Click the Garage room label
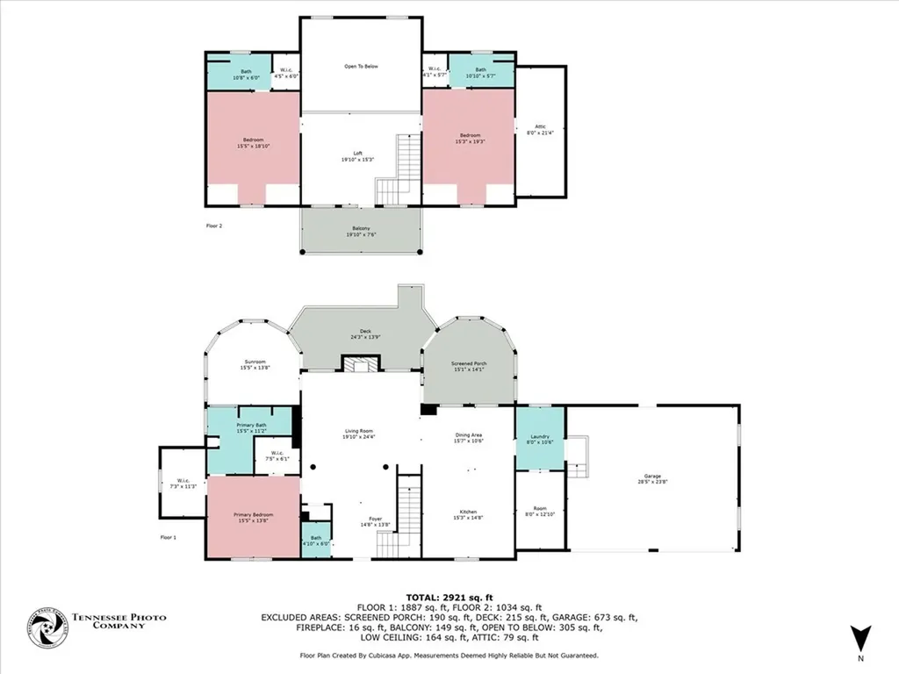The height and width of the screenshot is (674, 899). click(x=652, y=478)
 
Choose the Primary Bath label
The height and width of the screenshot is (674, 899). click(x=250, y=427)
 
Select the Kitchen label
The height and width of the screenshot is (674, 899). click(x=468, y=515)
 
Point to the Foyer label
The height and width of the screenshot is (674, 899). click(x=375, y=521)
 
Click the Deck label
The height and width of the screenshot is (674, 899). click(x=364, y=333)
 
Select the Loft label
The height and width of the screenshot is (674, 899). click(x=357, y=156)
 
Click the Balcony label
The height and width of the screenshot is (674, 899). click(x=361, y=231)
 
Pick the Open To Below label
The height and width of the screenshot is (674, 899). click(x=361, y=66)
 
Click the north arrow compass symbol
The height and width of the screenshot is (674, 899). click(x=860, y=638)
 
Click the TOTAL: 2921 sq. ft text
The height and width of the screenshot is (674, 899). click(x=449, y=597)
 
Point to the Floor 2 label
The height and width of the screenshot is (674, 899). click(x=214, y=226)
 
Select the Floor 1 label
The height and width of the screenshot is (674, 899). click(x=169, y=537)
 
